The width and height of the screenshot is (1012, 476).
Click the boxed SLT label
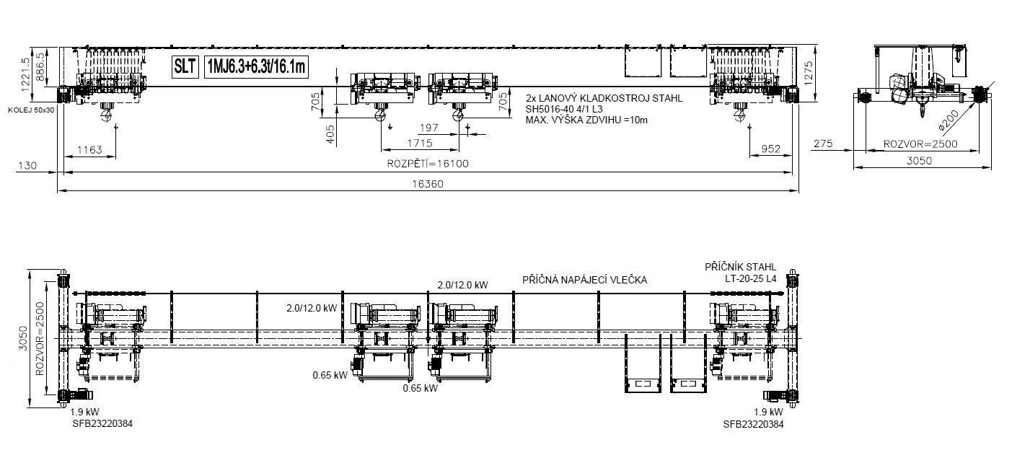click(185, 67)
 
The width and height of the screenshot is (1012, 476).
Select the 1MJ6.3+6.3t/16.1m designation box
click(256, 67)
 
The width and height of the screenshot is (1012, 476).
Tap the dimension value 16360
click(428, 184)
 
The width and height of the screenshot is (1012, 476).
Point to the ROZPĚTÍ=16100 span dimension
click(428, 164)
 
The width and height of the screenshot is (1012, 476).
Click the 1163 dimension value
click(89, 149)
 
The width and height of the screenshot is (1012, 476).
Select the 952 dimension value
click(771, 149)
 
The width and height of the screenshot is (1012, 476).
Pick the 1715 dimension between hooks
click(420, 144)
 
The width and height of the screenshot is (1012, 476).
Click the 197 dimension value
click(428, 128)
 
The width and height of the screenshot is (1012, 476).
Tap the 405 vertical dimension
click(330, 135)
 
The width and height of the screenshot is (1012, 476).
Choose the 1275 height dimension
click(809, 74)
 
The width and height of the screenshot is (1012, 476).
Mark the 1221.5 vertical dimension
click(25, 74)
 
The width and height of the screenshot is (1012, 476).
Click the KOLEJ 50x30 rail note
click(31, 110)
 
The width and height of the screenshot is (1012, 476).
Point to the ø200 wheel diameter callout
click(949, 120)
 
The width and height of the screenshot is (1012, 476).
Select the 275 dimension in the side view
click(823, 144)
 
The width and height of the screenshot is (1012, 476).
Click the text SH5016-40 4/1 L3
click(564, 110)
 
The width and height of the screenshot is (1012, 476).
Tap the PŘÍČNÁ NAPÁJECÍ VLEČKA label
click(584, 280)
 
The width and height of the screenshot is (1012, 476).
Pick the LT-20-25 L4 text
click(750, 278)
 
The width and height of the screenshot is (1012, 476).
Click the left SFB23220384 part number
click(102, 423)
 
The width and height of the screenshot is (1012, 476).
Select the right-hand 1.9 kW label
click(768, 412)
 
